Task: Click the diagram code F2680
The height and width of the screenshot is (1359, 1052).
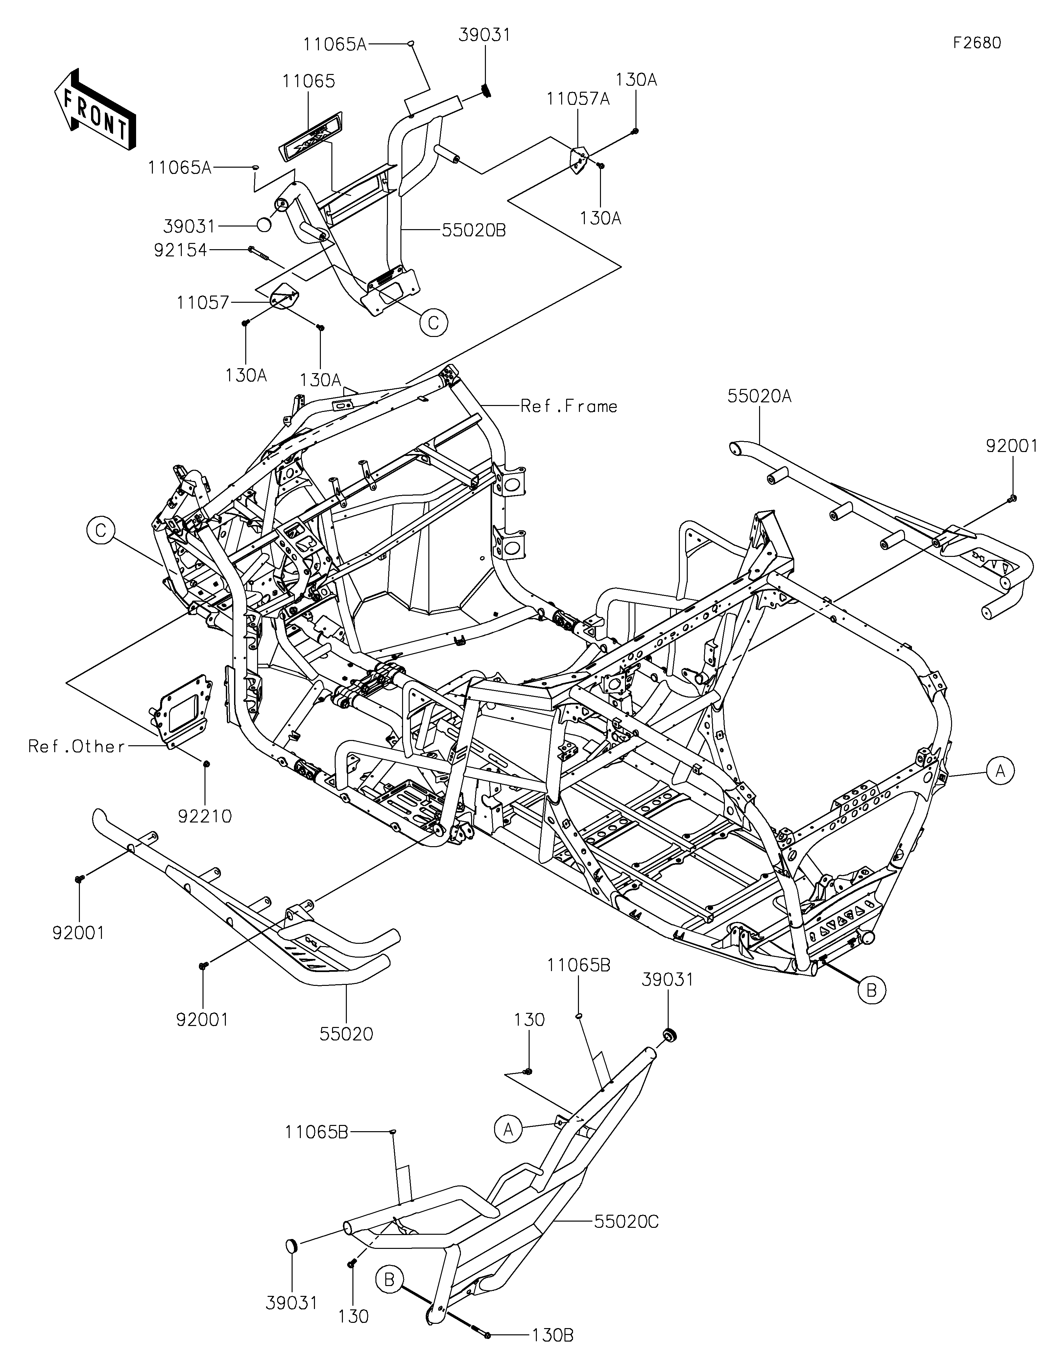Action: [x=977, y=43]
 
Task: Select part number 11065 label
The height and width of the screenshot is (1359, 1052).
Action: [x=309, y=82]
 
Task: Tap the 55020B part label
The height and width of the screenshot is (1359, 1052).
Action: [x=474, y=230]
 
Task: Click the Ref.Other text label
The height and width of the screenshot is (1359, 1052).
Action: [x=77, y=746]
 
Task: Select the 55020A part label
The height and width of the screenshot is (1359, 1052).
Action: [x=760, y=396]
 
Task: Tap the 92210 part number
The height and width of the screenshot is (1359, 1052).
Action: [x=205, y=816]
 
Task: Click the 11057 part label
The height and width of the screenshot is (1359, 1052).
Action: [x=203, y=303]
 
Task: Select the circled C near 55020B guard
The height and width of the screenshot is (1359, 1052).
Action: [x=434, y=322]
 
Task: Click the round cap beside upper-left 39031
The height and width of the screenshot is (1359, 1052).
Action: [x=264, y=225]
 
